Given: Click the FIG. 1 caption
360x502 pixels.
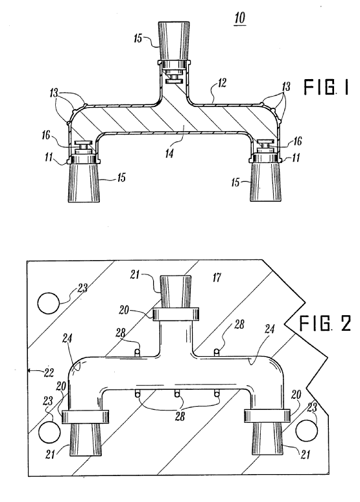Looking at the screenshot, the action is [x=326, y=88].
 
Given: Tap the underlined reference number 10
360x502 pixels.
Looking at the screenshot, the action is [x=240, y=18].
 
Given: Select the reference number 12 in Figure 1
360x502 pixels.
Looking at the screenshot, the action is [x=220, y=83].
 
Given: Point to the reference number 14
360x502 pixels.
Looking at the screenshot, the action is [x=169, y=153].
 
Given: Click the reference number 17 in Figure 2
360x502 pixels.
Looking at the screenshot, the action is [x=217, y=277].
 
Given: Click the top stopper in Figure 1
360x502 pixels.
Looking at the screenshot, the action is [x=174, y=34].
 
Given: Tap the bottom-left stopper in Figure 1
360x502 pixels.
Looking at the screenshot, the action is [x=84, y=183].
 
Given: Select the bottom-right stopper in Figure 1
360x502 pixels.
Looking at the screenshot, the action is [x=266, y=182].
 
